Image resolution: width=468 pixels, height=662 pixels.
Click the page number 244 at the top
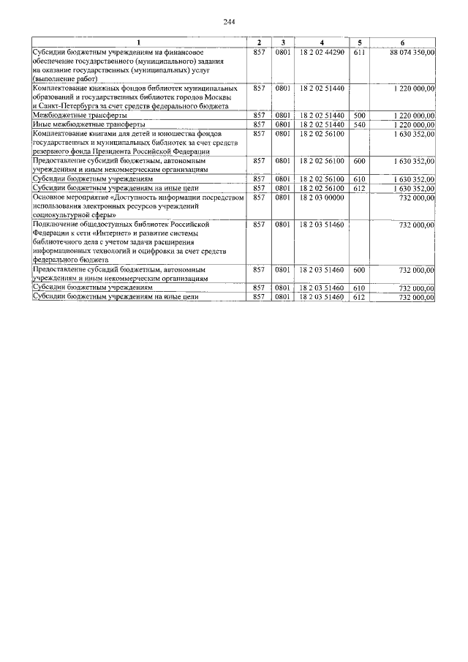[233, 21]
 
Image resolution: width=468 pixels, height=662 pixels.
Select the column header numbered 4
[321, 44]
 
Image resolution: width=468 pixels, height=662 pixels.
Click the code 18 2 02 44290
[321, 52]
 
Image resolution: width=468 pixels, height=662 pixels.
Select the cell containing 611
[358, 52]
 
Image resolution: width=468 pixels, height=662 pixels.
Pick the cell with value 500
[358, 116]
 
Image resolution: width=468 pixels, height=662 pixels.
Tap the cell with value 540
[358, 124]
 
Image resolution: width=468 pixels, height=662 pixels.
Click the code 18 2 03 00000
[321, 196]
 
